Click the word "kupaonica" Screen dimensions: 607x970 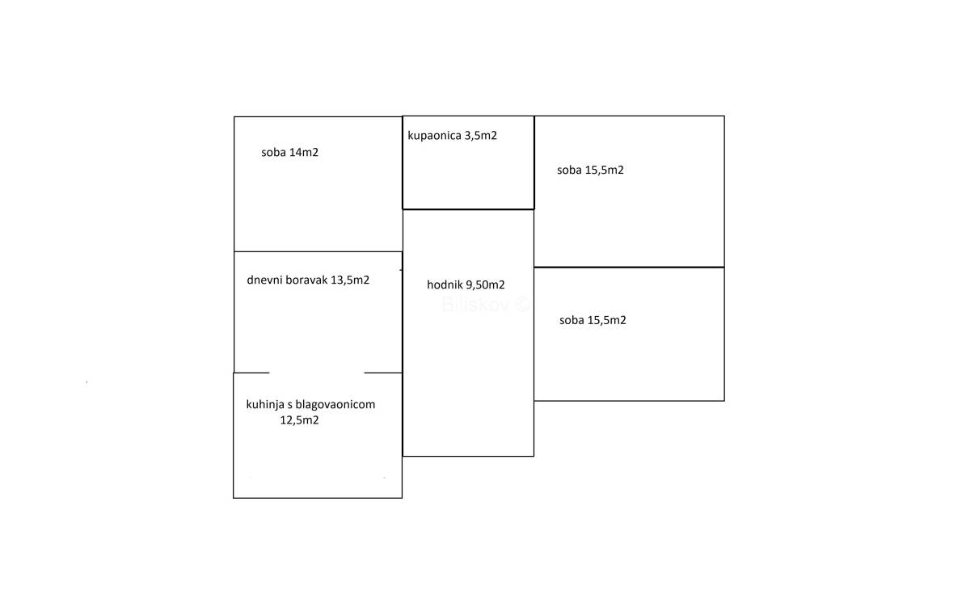[x=434, y=136]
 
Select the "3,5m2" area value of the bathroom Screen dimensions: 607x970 [x=481, y=136]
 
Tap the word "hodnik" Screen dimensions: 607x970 [x=445, y=285]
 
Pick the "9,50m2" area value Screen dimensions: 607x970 [x=486, y=285]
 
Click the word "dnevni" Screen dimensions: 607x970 [x=264, y=280]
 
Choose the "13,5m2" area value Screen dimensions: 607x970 [x=350, y=280]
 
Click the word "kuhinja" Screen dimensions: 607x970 [x=265, y=404]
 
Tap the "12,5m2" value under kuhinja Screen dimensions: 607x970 [x=299, y=420]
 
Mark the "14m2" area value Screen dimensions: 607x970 [x=304, y=152]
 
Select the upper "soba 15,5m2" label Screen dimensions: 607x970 [x=590, y=171]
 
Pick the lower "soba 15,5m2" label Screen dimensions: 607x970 [x=593, y=320]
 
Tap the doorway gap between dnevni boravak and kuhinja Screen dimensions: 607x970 [x=317, y=373]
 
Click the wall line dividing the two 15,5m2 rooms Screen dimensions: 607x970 [x=629, y=267]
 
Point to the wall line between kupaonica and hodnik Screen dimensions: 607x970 [x=468, y=209]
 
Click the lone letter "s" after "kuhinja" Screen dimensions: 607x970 [x=289, y=404]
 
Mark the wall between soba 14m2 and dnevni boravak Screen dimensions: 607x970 [x=318, y=251]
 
